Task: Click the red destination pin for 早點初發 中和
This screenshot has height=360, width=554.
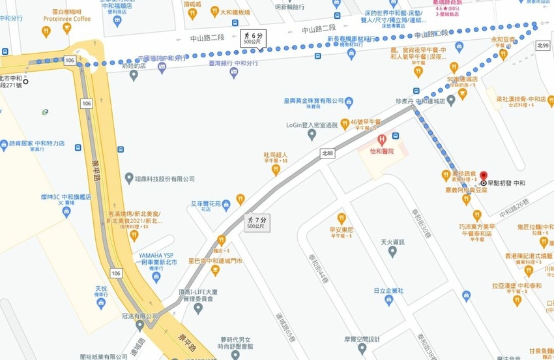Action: tap(484, 176)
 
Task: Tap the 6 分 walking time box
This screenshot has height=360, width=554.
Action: tap(254, 37)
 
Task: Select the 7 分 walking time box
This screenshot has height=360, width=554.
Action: tap(255, 223)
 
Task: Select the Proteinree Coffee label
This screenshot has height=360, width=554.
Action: tap(68, 19)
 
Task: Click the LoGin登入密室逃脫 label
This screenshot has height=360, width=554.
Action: tap(312, 124)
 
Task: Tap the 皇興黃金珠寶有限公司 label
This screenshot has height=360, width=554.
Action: tap(313, 101)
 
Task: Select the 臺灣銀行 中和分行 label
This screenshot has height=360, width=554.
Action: tap(233, 64)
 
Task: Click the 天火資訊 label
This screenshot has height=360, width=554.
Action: tap(392, 243)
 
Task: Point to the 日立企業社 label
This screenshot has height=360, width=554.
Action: tap(388, 290)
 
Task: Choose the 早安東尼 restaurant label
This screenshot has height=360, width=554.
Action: tap(342, 230)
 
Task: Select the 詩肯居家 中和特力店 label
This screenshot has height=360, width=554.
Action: tap(36, 143)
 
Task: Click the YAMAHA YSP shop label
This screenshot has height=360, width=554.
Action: tap(156, 256)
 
